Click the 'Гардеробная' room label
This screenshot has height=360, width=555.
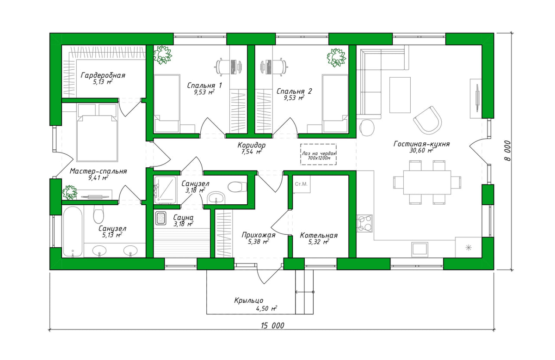[x=103, y=75]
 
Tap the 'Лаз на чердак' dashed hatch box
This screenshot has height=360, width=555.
[x=318, y=154]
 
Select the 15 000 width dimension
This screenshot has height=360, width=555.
[x=272, y=325]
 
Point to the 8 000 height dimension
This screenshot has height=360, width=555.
[x=507, y=151]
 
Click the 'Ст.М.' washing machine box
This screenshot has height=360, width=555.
[x=302, y=184]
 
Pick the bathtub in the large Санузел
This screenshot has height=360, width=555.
[x=72, y=232]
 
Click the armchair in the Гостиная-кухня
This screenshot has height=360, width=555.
[x=428, y=120]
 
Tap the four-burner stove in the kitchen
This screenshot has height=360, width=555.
[x=364, y=223]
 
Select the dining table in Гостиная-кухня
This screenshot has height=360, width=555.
[x=427, y=182]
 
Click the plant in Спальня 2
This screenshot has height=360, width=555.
[x=336, y=58]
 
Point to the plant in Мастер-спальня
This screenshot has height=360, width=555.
[x=70, y=192]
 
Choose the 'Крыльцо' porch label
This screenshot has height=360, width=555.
[x=249, y=300]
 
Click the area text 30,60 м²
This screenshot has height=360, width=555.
[x=421, y=150]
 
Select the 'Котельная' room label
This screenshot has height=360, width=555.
[x=319, y=235]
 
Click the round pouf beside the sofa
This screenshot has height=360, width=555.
[x=367, y=128]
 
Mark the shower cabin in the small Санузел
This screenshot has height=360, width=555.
[x=165, y=189]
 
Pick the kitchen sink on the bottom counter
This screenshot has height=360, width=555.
[x=420, y=250]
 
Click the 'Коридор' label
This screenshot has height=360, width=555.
[x=252, y=145]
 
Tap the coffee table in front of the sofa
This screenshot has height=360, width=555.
[x=400, y=95]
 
